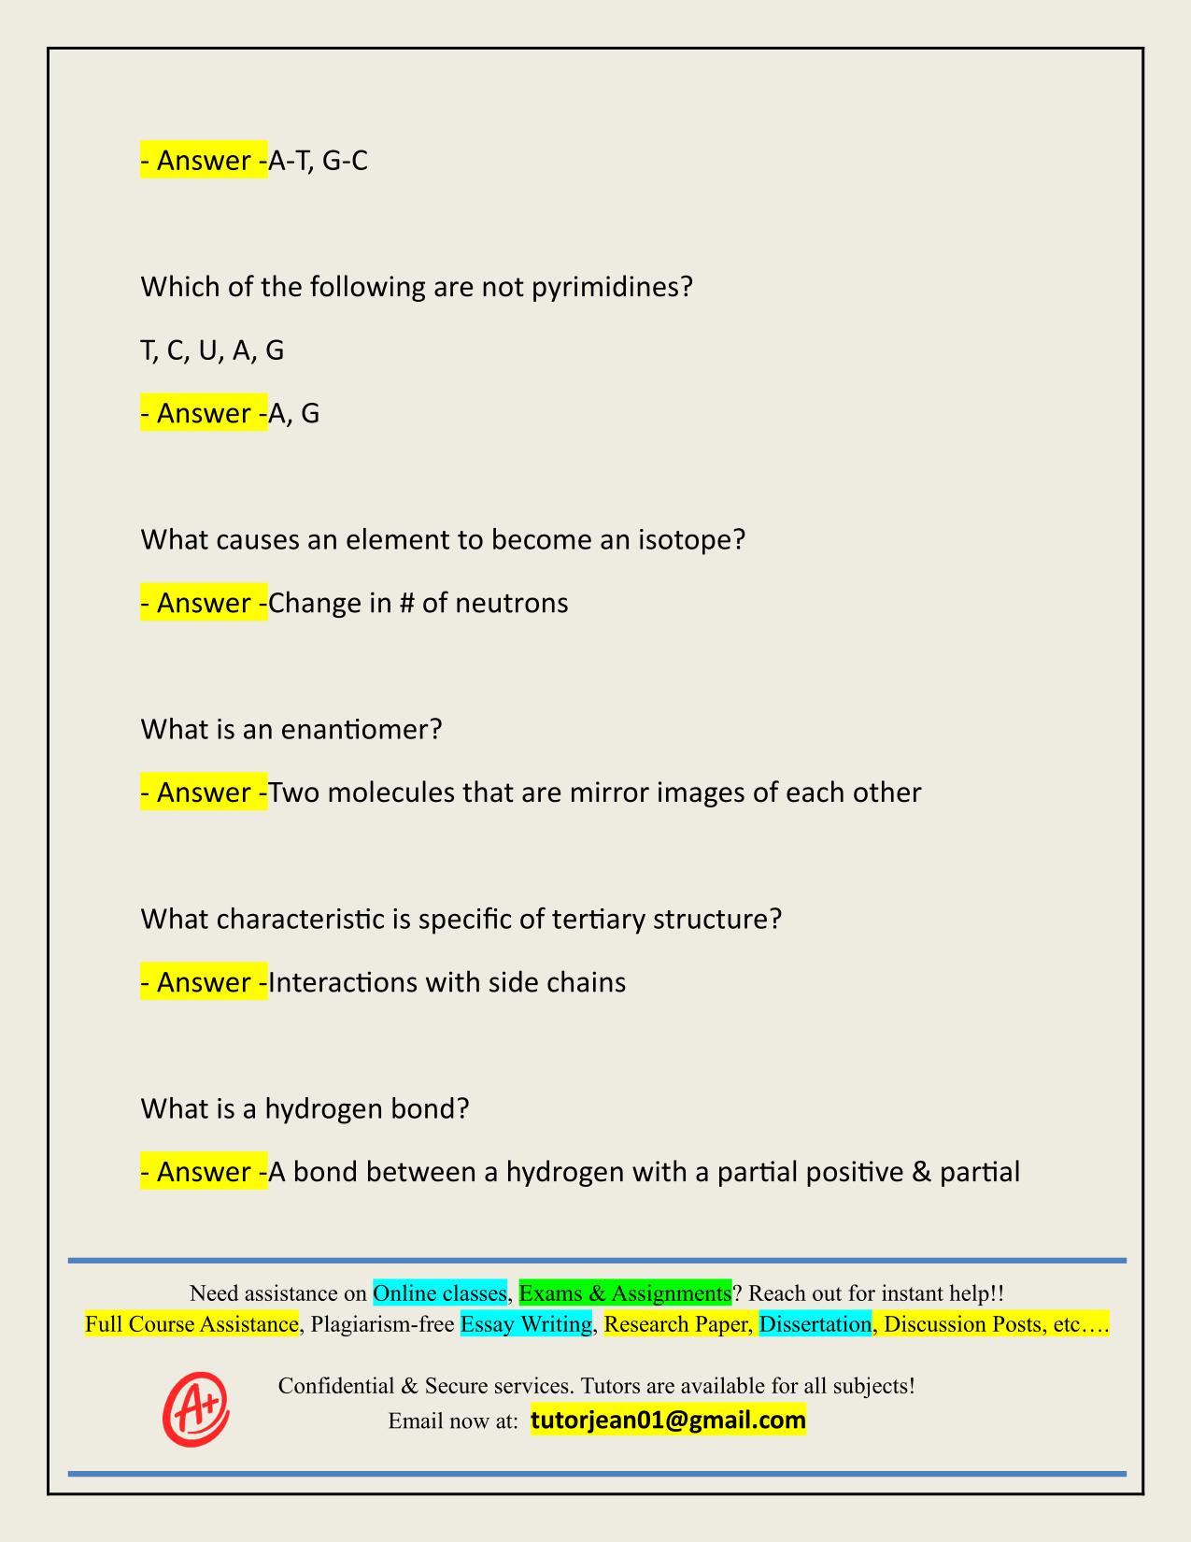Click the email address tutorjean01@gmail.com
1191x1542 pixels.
[x=668, y=1421]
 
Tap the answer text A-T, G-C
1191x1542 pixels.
[x=318, y=161]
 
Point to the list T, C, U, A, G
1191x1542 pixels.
[x=212, y=350]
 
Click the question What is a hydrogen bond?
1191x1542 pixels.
[x=305, y=1108]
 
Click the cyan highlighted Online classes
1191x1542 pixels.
[x=439, y=1293]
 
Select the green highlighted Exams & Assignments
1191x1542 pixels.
[x=625, y=1293]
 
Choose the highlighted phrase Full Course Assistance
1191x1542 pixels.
[x=191, y=1324]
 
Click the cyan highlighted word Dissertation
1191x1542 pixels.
[x=815, y=1324]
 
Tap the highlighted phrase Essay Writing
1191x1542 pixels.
[x=527, y=1324]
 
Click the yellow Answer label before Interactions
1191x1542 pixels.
[x=204, y=982]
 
